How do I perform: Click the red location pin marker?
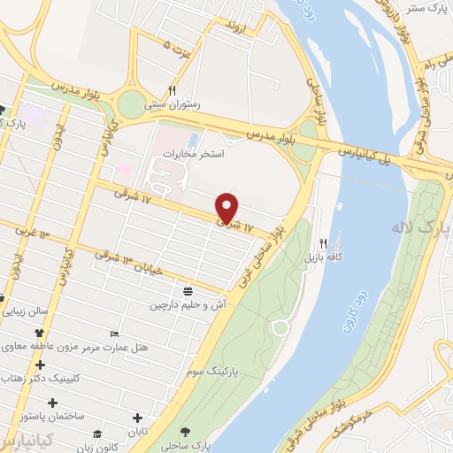228,208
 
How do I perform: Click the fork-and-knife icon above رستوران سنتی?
173,90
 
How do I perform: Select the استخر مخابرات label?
194,154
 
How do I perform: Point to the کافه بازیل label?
323,257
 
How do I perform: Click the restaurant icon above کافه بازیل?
324,243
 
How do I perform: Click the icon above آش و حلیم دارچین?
188,291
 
